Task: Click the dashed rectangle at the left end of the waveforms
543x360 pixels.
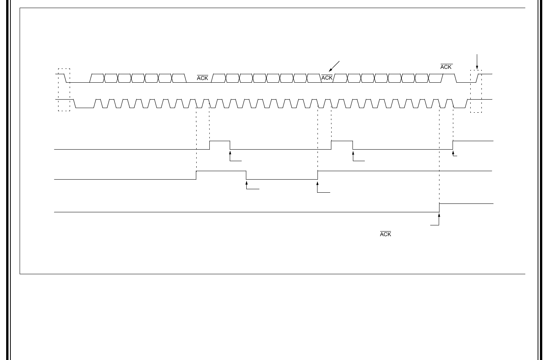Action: click(64, 90)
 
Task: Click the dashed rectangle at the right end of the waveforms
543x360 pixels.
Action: click(476, 91)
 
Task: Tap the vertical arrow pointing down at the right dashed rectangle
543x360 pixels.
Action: click(477, 62)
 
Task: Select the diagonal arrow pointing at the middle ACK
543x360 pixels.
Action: click(334, 67)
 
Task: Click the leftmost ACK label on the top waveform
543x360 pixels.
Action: click(202, 78)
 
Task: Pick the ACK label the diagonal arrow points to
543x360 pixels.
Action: click(327, 78)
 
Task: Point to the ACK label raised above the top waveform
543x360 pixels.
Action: click(446, 67)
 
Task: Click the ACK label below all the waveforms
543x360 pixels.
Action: click(386, 234)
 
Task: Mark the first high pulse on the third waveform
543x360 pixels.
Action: click(220, 145)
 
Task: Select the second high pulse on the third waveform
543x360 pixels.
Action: click(342, 145)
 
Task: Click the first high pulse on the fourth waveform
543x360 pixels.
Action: click(221, 175)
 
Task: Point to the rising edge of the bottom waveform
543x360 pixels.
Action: click(439, 208)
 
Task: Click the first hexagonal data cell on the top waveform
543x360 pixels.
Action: click(97, 78)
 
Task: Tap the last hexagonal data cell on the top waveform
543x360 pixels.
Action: click(436, 78)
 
